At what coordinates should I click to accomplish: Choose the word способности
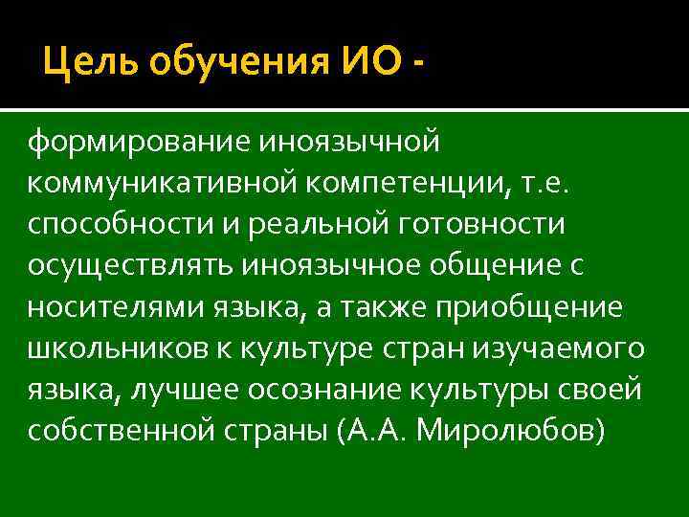point(120,225)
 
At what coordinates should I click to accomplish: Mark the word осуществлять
point(135,267)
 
